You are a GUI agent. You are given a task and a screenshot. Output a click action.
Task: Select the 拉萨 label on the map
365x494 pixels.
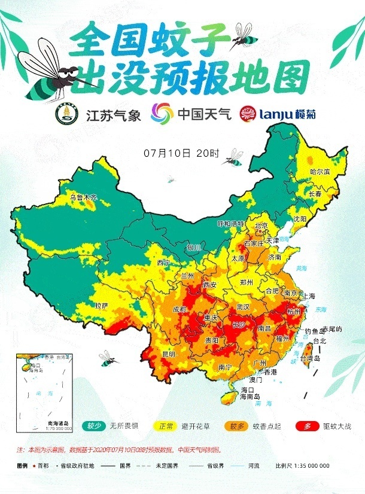tap(101, 305)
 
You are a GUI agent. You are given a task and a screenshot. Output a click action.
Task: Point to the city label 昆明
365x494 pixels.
tap(169, 353)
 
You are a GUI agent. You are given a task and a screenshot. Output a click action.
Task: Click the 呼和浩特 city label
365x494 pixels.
tap(230, 223)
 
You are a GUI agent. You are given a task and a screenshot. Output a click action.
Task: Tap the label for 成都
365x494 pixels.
tap(179, 309)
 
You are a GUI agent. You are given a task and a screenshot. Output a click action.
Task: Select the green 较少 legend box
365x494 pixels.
tap(95, 426)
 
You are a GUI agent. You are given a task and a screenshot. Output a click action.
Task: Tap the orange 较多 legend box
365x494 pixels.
tap(236, 426)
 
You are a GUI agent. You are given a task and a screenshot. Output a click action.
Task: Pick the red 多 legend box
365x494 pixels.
tap(307, 426)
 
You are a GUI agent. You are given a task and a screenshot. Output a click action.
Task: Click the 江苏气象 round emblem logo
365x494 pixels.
tap(66, 112)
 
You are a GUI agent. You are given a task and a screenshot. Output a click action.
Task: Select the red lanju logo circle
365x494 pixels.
tap(248, 112)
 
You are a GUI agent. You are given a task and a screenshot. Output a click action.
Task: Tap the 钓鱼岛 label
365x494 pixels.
tap(313, 331)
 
